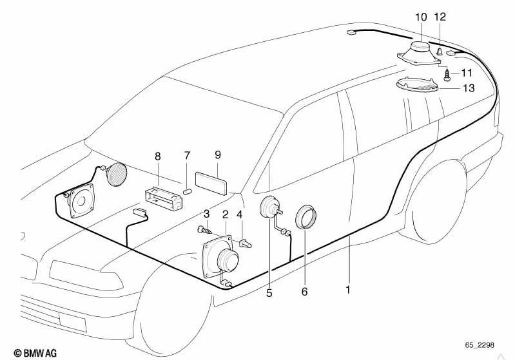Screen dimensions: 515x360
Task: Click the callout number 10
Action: click(421, 17)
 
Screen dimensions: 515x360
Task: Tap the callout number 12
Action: click(440, 17)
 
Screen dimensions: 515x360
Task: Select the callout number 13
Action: click(469, 88)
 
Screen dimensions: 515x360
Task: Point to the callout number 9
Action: click(218, 155)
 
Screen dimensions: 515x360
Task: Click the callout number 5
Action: click(269, 293)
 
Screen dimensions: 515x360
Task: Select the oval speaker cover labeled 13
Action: click(418, 84)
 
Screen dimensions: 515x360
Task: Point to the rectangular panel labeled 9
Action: click(211, 183)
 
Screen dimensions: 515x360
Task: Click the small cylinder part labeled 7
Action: click(187, 192)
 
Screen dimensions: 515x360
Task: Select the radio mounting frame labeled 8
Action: click(163, 198)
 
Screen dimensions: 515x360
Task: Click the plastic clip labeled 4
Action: click(246, 244)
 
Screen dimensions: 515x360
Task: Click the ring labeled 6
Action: click(306, 217)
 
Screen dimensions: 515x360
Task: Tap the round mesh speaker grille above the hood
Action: click(116, 175)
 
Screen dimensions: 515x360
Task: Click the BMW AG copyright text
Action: click(35, 353)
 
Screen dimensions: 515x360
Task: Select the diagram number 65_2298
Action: click(479, 345)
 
